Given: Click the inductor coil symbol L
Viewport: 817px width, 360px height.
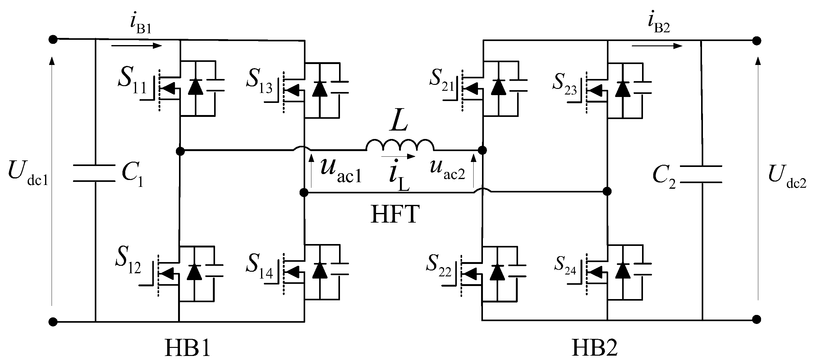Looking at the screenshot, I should click(x=400, y=145).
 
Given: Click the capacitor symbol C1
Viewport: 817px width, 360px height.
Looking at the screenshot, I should click(x=94, y=173).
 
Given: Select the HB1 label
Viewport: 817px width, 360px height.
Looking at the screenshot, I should click(x=188, y=348).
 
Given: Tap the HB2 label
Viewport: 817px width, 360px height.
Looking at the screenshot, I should click(x=594, y=348).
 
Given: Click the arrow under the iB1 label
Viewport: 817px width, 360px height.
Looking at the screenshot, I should click(x=137, y=46).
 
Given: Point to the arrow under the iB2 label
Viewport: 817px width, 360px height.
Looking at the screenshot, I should click(x=657, y=46).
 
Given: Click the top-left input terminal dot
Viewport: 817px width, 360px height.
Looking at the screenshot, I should click(x=53, y=39).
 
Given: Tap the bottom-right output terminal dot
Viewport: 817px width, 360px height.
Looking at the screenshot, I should click(x=756, y=319).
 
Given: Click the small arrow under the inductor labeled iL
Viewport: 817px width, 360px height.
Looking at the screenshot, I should click(x=398, y=156).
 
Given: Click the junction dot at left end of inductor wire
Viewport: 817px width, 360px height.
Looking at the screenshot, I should click(x=180, y=151).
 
